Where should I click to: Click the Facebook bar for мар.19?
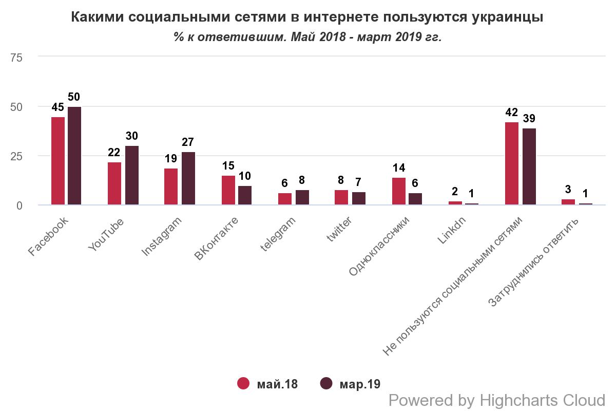[x=74, y=156]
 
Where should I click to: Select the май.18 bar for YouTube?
[x=114, y=183]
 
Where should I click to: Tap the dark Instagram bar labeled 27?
[x=188, y=179]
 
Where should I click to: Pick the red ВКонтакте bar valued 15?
[x=228, y=191]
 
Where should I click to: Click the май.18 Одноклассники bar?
[x=399, y=192]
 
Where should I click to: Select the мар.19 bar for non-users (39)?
[x=529, y=166]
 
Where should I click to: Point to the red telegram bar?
[x=285, y=199]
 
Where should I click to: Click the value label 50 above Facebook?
[x=74, y=97]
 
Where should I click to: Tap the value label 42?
[x=512, y=113]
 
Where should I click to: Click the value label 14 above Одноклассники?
[x=399, y=168]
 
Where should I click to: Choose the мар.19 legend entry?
[x=351, y=384]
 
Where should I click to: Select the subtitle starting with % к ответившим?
[x=307, y=38]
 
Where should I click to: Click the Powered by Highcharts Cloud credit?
[x=497, y=400]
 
